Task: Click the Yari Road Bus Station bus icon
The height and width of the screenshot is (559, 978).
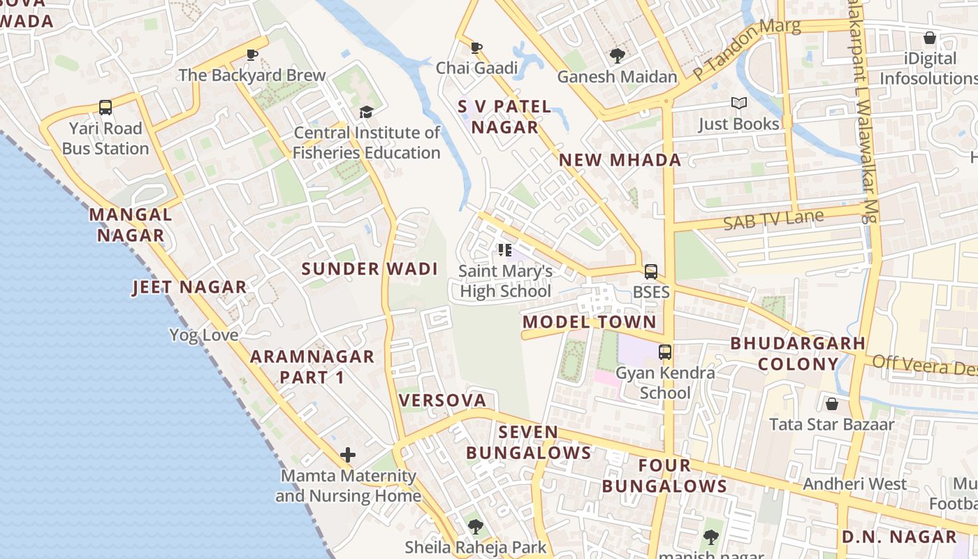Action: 105,108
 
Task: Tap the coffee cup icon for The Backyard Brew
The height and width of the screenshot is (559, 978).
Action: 252,55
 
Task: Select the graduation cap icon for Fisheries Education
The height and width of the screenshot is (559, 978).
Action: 366,112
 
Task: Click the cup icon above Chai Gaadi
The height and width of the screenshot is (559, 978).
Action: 476,48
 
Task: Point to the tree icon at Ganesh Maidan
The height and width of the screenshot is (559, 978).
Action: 617,55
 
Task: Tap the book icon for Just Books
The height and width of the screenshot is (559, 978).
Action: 738,103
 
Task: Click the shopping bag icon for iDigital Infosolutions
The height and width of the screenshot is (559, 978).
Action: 929,38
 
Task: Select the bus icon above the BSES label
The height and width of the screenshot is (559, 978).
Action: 650,271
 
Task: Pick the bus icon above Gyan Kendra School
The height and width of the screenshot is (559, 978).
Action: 665,352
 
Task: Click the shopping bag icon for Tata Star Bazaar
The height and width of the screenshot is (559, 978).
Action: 831,404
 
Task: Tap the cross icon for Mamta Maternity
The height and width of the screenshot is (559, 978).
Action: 347,456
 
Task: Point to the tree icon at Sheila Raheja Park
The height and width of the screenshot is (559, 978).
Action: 476,526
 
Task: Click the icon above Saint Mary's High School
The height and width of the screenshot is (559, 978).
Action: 505,250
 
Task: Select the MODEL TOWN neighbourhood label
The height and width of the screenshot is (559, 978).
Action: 590,322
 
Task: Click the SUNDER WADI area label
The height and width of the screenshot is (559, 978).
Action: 370,269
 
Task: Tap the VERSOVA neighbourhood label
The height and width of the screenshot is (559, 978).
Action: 442,400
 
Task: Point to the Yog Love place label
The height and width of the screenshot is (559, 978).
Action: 203,335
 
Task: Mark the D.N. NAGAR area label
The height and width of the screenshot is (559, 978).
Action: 898,537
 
